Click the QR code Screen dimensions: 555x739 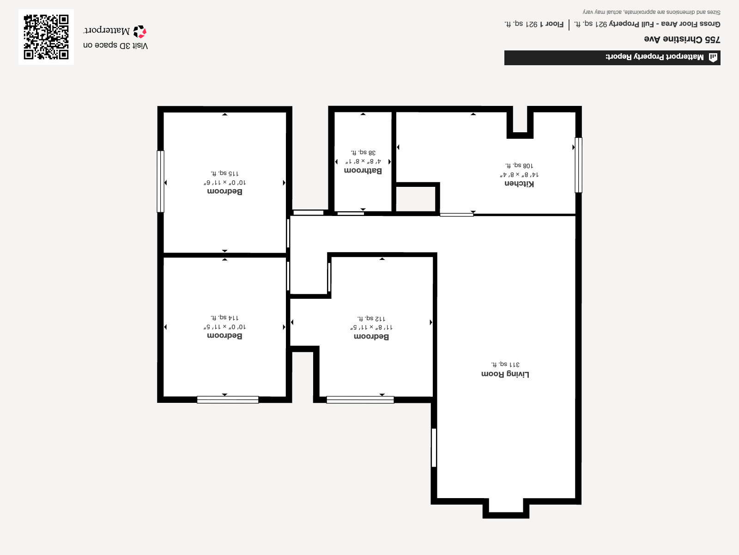click(46, 37)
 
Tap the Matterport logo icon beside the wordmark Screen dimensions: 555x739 click(140, 31)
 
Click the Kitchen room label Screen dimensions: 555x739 click(519, 184)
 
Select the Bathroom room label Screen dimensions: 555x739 click(363, 170)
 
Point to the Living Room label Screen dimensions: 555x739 click(505, 374)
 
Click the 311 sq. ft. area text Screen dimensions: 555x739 click(505, 364)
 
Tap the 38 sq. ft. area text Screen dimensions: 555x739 click(363, 152)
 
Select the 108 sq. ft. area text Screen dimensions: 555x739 click(519, 165)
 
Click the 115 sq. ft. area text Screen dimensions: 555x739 click(224, 173)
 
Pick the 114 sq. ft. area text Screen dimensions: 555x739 click(224, 317)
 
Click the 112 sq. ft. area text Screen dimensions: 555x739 click(371, 318)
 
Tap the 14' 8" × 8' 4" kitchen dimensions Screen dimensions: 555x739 click(519, 174)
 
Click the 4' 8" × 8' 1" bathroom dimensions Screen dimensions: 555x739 click(363, 161)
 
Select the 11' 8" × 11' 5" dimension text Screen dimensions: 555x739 click(371, 327)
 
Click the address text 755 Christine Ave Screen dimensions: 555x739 click(682, 39)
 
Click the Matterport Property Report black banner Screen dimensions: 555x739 click(612, 57)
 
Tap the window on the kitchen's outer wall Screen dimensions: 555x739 click(578, 165)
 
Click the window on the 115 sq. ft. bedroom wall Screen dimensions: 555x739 click(160, 181)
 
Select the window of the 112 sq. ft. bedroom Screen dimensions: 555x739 click(360, 400)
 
